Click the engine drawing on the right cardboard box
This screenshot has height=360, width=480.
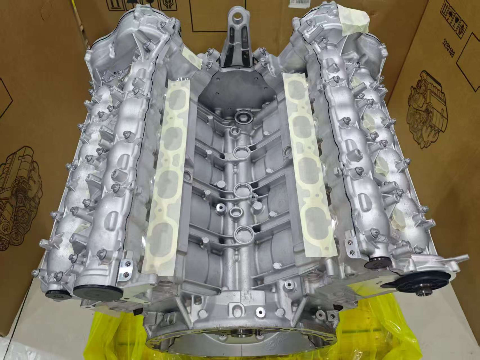[x=426, y=106]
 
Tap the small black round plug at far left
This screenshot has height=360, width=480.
[x=54, y=293]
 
